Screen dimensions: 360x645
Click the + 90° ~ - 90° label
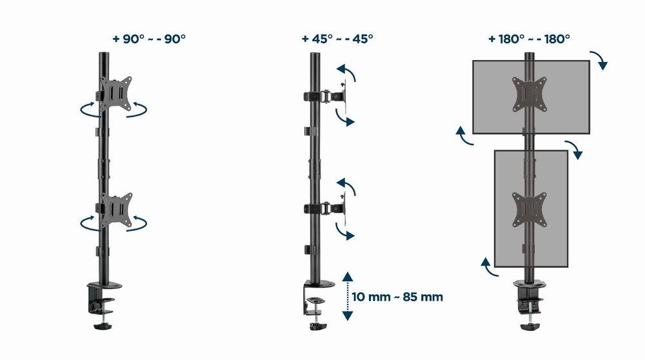click(148, 39)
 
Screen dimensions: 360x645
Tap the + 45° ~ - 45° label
click(337, 39)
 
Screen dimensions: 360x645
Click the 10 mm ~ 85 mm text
click(397, 297)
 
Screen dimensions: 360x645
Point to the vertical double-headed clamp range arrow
click(348, 297)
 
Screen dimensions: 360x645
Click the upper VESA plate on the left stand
click(115, 94)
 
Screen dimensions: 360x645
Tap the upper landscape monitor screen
click(497, 97)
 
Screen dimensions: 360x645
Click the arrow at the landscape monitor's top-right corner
click(602, 61)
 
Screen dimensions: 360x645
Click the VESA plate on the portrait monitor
click(529, 209)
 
